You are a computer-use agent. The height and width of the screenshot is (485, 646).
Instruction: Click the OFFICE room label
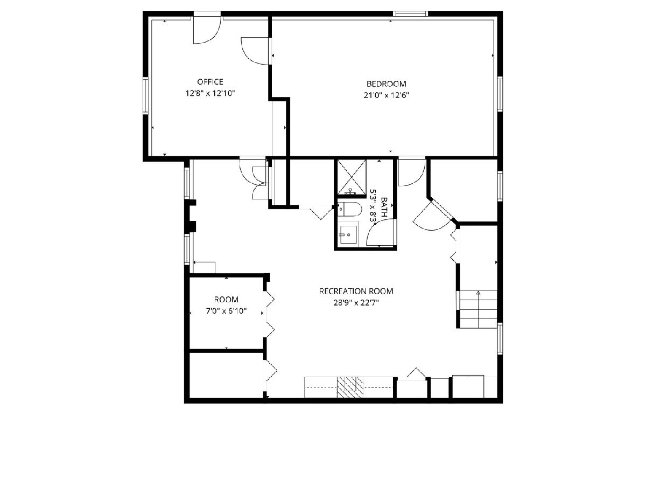tap(210, 81)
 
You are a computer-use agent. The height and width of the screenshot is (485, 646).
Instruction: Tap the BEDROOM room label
tap(386, 84)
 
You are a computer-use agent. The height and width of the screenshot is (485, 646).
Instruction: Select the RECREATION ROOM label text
tap(356, 291)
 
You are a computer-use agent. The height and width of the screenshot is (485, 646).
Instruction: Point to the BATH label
tap(384, 207)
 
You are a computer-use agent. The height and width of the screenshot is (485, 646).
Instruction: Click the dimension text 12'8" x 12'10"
tap(210, 93)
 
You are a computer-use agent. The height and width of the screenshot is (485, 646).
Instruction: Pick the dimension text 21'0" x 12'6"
tap(387, 95)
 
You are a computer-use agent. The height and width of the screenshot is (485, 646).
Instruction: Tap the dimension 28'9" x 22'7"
tap(356, 303)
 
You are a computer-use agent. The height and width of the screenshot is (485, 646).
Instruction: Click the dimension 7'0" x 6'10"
tap(226, 311)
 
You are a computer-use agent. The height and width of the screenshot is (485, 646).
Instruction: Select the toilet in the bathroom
tap(349, 210)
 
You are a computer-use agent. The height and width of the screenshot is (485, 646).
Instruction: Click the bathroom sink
tap(349, 235)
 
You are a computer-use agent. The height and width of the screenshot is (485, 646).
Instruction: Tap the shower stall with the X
tap(352, 177)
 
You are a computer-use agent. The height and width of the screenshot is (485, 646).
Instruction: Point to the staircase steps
tap(478, 309)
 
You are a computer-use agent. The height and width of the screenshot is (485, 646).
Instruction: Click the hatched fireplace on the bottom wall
tap(350, 387)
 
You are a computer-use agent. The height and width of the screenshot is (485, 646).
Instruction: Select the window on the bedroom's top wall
tap(410, 13)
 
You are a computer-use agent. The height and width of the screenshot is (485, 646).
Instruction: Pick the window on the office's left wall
tap(145, 95)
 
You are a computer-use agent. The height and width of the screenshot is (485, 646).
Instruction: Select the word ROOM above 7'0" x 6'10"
tap(226, 300)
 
